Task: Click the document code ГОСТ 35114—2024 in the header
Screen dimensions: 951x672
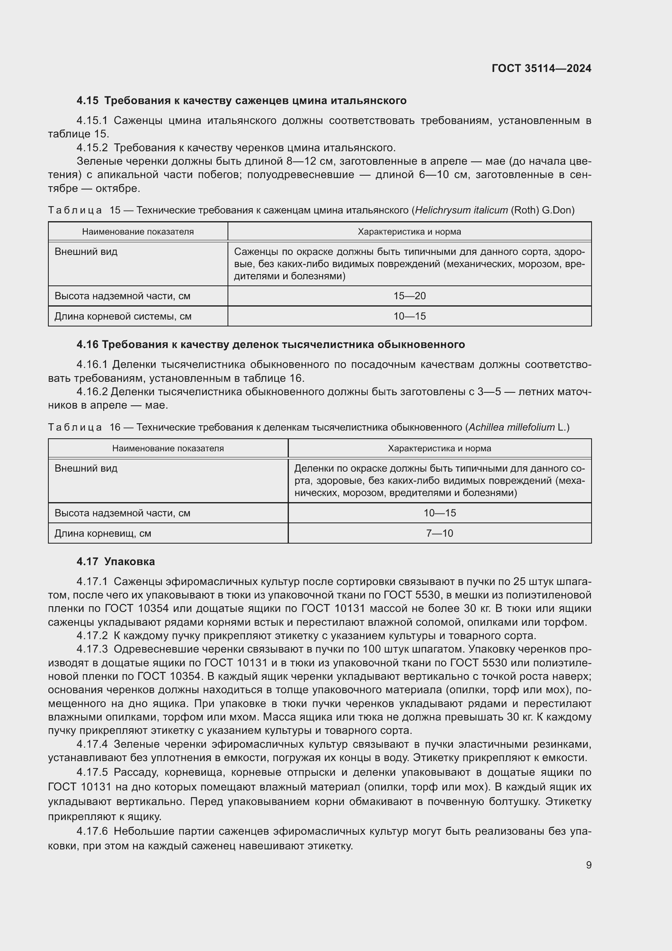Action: [x=541, y=68]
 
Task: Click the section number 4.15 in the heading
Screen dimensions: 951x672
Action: [x=87, y=101]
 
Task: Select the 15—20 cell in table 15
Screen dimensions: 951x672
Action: [x=409, y=296]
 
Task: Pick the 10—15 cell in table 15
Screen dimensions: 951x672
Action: [x=409, y=316]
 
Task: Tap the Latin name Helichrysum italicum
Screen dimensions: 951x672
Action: [x=462, y=211]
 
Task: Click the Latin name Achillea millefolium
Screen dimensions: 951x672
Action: [x=512, y=427]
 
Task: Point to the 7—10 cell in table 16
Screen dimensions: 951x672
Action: [x=440, y=533]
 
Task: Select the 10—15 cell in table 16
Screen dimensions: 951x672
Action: [x=440, y=513]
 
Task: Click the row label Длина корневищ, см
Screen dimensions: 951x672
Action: [x=103, y=533]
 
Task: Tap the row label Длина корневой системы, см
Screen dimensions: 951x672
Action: [x=123, y=316]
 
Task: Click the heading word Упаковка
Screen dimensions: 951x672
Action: [x=130, y=561]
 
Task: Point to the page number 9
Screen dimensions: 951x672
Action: [x=588, y=865]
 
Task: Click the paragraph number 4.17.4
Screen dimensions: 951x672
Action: [x=92, y=744]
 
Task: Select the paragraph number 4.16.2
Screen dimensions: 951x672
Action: [x=92, y=392]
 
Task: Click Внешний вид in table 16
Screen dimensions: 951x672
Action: [x=86, y=468]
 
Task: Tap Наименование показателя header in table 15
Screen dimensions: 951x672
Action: [x=138, y=232]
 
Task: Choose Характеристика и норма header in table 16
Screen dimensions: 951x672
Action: [x=440, y=448]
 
